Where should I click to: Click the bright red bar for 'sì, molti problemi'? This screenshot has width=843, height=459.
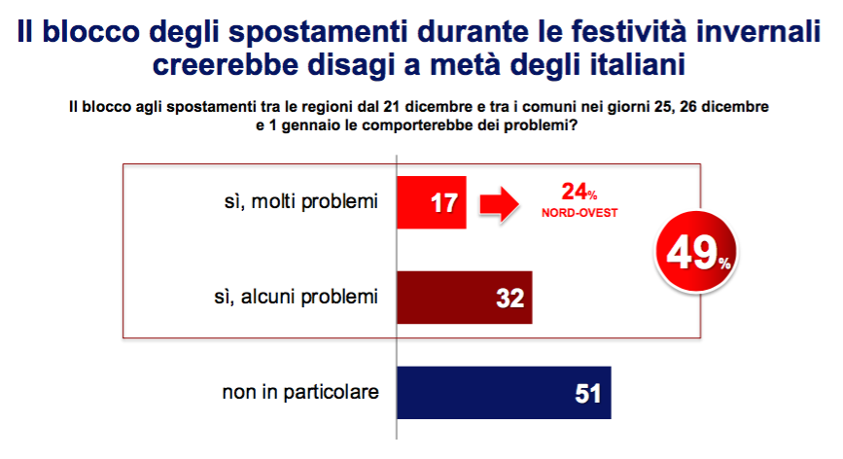pos(431,202)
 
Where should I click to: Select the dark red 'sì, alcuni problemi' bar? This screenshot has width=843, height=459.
pos(465,298)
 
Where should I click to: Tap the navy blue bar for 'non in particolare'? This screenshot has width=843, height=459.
pos(504,393)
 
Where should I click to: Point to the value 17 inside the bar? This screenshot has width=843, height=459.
pos(444,203)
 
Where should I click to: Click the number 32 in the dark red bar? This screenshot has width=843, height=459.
pos(509,299)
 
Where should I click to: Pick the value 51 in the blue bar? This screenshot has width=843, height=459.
pos(587,394)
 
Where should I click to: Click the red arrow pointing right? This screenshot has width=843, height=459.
pos(500,204)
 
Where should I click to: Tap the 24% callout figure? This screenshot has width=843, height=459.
pos(580,192)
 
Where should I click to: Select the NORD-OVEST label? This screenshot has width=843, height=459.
pos(580,213)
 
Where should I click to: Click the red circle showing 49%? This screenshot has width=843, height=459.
pos(696,252)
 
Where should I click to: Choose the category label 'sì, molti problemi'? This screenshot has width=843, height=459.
pos(301,202)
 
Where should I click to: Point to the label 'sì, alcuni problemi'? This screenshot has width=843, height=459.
pos(297,298)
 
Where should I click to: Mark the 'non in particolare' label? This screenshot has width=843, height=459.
pos(300,392)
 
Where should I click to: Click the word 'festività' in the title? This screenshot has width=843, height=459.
pos(628,31)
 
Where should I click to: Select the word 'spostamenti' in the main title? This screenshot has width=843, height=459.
pos(318,32)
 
